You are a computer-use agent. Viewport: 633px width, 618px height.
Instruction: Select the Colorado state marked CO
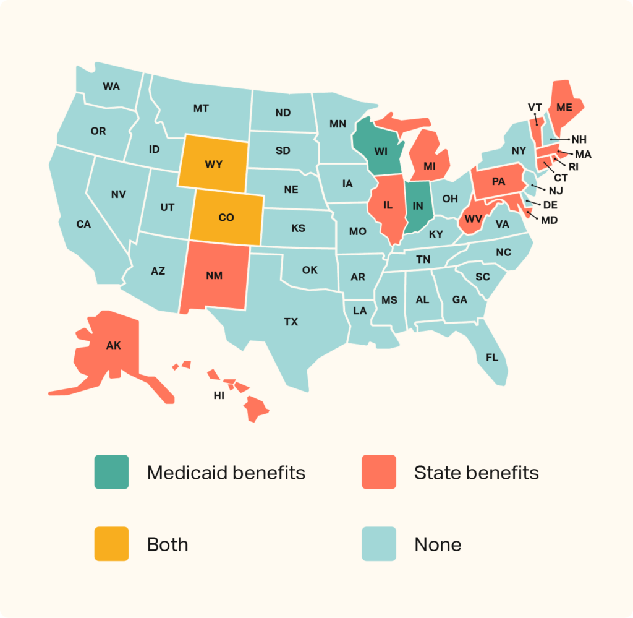coord(226,217)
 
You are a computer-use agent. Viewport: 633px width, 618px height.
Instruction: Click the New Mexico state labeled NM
coord(215,275)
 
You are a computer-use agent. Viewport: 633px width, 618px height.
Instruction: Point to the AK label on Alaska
coord(113,346)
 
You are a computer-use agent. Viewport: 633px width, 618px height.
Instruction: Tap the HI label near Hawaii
coord(219,396)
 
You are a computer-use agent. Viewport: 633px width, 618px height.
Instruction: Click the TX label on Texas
coord(291,322)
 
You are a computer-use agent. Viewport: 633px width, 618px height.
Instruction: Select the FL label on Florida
coord(491,358)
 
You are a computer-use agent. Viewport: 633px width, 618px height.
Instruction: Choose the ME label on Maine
coord(564,108)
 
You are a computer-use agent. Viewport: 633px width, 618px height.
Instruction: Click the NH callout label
coord(579,139)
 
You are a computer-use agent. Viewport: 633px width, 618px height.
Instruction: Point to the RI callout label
coord(574,166)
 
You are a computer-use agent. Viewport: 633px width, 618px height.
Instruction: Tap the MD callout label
coord(549,220)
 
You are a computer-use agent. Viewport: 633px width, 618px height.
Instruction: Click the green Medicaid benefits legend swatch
coord(111,472)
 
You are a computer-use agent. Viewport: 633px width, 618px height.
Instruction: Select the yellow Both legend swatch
coord(111,544)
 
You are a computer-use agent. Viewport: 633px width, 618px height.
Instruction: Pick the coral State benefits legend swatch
coord(379,472)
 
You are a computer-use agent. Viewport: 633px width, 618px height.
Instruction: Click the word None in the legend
coord(438,544)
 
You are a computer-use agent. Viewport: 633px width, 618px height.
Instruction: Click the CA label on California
coord(83,224)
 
